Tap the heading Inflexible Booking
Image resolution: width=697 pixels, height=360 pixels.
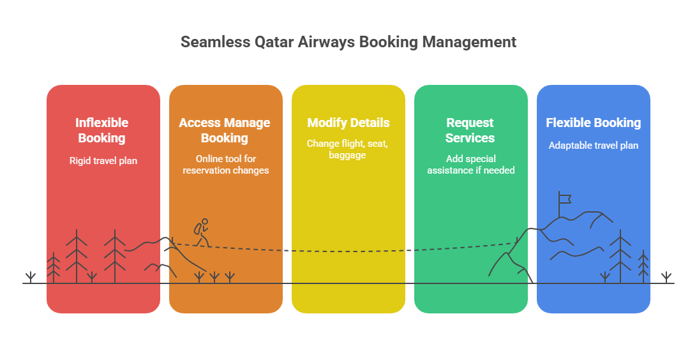coord(101,130)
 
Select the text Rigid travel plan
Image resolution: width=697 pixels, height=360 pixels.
coord(103,161)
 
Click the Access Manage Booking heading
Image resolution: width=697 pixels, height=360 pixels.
coord(225,130)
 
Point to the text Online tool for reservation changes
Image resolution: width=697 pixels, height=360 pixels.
coord(226,165)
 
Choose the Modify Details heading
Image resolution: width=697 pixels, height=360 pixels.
coord(348,123)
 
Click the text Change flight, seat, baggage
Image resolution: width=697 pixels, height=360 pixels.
coord(348,149)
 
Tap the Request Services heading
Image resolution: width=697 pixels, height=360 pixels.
coord(470,130)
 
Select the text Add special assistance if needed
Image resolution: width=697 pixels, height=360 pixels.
coord(471,165)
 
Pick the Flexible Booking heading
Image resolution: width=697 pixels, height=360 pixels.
coord(594,123)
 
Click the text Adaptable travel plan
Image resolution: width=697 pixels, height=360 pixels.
coord(594,146)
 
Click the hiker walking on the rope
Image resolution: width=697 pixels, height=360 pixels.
coord(202,232)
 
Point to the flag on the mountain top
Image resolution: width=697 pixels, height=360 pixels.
coord(564,199)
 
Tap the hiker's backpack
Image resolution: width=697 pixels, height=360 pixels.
coord(197,229)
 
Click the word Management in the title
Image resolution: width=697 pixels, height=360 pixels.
coord(469,42)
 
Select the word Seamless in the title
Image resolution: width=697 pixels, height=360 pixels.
coord(216,42)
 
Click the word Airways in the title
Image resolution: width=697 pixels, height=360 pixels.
coord(327,42)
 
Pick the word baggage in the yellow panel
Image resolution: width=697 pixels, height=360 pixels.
coord(348,155)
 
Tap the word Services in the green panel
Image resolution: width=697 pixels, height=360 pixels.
coord(470,138)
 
